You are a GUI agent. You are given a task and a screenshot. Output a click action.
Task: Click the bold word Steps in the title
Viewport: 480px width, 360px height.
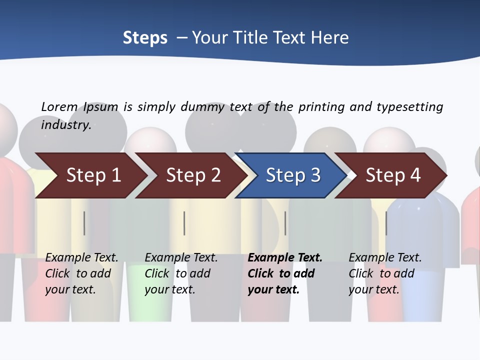pos(145,38)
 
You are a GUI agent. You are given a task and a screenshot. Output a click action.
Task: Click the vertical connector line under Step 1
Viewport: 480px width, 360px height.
pos(84,223)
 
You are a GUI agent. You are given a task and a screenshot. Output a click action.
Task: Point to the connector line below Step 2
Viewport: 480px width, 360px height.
pos(184,223)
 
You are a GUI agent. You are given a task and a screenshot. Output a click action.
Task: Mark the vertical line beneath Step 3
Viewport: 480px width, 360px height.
pos(285,223)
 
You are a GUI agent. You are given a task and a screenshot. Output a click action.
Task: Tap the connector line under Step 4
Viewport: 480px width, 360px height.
pos(386,223)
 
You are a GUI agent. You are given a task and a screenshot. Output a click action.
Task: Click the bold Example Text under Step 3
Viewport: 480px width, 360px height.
pos(285,257)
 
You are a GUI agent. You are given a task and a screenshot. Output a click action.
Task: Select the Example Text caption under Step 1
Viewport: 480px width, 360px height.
pos(81,257)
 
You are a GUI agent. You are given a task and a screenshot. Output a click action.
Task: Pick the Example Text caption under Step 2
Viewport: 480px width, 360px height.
pos(181,257)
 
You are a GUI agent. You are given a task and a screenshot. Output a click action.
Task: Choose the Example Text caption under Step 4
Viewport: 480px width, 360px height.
pos(385,257)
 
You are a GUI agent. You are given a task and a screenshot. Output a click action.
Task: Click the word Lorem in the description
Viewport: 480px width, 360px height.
pos(59,106)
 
